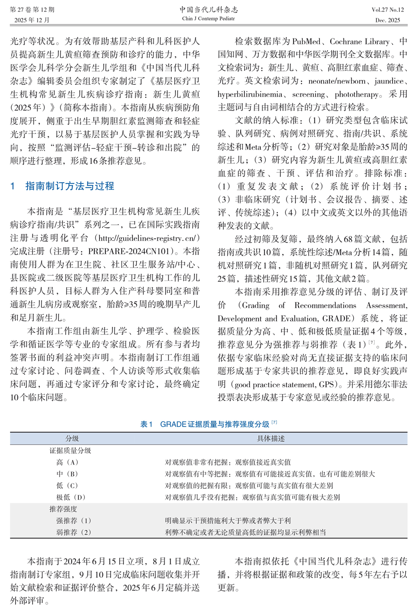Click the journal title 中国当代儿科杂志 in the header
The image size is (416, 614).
[208, 10]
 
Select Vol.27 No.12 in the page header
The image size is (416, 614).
[388, 10]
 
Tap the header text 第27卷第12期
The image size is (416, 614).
[32, 10]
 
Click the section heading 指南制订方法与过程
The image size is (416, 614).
[69, 186]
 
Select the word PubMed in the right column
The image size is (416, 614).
[307, 42]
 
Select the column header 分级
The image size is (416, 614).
[72, 438]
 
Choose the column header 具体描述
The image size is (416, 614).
[271, 438]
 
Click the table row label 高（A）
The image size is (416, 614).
[67, 462]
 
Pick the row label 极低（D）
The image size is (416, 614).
[71, 497]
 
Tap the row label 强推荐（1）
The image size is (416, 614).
[74, 520]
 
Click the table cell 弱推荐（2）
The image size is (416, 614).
[74, 532]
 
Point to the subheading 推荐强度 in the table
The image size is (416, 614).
[63, 509]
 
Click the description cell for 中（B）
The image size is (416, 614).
[270, 474]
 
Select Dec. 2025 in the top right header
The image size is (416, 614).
[388, 20]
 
